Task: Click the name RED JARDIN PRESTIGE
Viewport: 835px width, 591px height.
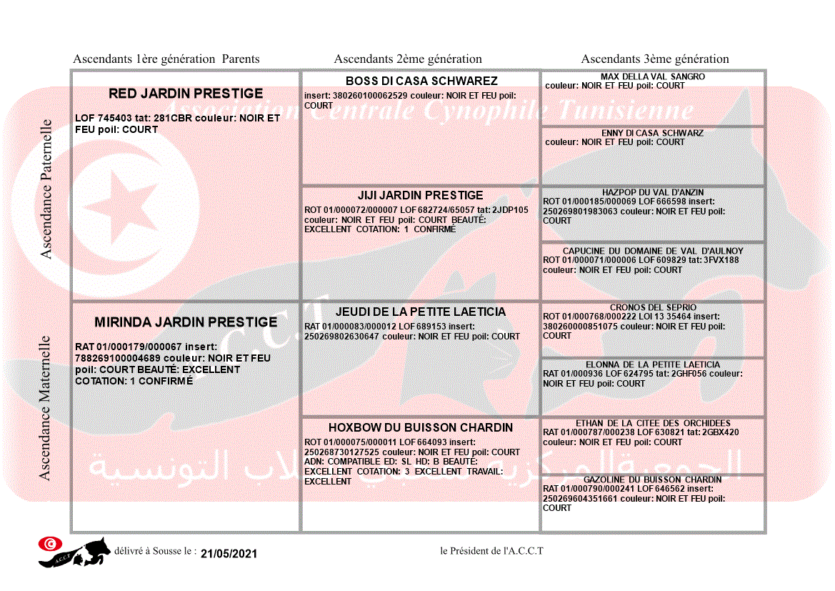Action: pos(186,94)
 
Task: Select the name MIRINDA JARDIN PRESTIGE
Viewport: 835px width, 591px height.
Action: pos(186,322)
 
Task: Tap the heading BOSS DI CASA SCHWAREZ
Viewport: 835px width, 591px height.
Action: pos(421,81)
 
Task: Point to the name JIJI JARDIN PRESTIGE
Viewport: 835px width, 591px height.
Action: pos(421,195)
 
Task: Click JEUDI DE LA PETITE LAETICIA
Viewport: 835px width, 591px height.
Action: pos(421,312)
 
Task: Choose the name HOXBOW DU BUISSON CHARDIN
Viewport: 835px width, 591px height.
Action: pos(421,427)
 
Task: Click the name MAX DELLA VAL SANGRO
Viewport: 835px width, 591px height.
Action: pos(653,76)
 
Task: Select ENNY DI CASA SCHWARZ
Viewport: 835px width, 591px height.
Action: pos(653,133)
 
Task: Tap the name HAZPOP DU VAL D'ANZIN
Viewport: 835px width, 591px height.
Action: pos(653,192)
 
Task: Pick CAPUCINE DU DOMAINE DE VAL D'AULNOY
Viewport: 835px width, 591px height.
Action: pos(653,251)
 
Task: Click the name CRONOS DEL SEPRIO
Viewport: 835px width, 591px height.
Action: pos(653,307)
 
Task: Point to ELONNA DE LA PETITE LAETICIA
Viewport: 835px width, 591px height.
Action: pos(653,364)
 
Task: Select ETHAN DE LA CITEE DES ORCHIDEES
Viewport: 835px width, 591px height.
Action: pos(653,423)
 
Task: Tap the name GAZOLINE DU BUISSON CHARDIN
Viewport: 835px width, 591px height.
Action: pos(653,480)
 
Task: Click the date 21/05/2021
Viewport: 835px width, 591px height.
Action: pos(229,554)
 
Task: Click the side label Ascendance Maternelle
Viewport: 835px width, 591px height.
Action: pos(45,407)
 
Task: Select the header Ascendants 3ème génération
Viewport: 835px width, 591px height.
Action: pos(655,59)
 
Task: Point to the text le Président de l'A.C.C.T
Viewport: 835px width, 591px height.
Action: pos(492,550)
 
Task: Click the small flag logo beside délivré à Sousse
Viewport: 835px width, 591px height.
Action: pos(50,544)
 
